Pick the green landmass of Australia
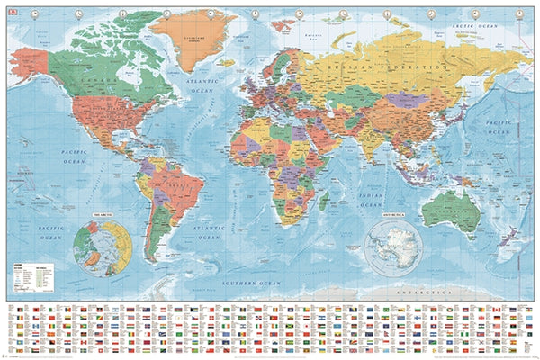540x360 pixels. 450,212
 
